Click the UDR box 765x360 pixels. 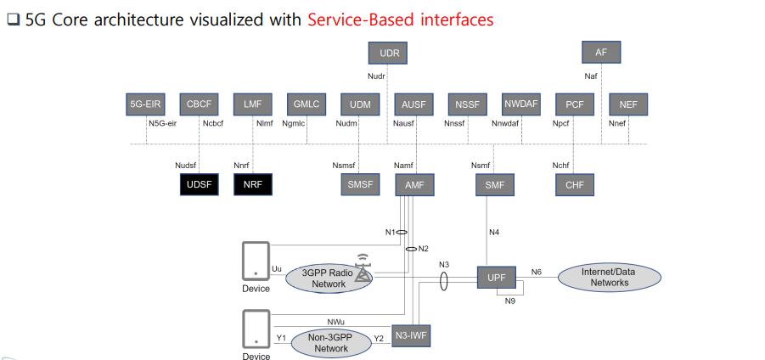[x=389, y=53]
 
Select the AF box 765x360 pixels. [x=601, y=52]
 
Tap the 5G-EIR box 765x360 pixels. [x=144, y=104]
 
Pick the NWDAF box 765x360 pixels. [x=520, y=104]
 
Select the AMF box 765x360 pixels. [x=414, y=184]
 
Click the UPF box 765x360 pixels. [x=497, y=278]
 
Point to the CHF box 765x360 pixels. [x=574, y=184]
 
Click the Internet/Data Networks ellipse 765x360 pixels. [x=609, y=278]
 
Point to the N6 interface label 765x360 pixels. [x=537, y=272]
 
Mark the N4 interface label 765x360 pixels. [x=494, y=233]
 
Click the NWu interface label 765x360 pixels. [x=335, y=322]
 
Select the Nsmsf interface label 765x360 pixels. [x=344, y=166]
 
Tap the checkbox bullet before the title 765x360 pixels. [x=13, y=20]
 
